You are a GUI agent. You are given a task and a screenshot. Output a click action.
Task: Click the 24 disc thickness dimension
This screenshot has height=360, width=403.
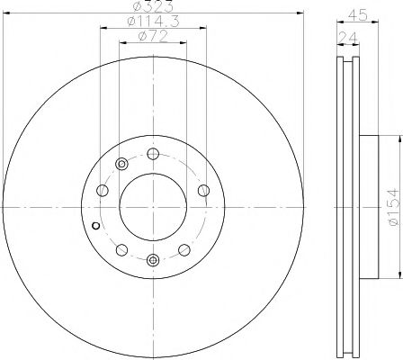(x=345, y=37)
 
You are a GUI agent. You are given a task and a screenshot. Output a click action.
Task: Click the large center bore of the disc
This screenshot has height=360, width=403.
(x=152, y=205)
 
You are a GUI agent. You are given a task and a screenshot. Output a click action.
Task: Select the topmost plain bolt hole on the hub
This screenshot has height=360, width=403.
(x=152, y=152)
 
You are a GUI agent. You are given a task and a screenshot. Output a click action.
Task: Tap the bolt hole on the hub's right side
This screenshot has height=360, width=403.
(x=203, y=190)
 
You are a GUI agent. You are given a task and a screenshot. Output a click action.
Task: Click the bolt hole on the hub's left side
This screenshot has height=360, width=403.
(x=102, y=191)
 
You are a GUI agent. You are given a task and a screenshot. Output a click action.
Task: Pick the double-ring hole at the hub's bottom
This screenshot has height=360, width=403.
(x=152, y=261)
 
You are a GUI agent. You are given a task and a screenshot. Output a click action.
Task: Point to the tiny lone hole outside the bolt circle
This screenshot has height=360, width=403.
(x=96, y=223)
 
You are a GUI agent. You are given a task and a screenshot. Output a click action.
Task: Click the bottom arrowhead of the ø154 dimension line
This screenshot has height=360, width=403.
(x=395, y=273)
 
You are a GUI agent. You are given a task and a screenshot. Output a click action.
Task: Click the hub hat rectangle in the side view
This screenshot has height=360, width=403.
(x=372, y=205)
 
